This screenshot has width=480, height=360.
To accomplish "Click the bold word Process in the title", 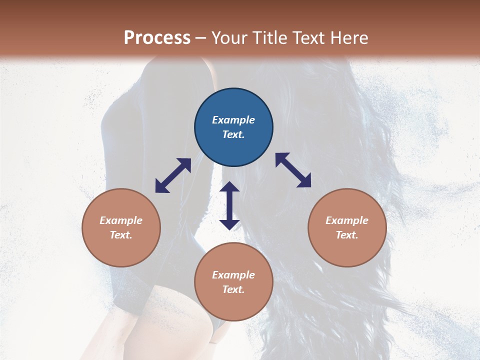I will pos(157,38).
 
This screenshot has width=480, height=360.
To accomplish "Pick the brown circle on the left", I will pos(121,227).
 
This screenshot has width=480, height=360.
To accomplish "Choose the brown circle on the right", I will pos(347,227).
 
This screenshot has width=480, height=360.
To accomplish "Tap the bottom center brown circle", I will pos(233,282).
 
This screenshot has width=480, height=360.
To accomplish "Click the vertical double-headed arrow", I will pos(229,205).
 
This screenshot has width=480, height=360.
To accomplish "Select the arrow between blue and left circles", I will pos(173,175).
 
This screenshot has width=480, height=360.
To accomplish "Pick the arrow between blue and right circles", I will pos(293,170).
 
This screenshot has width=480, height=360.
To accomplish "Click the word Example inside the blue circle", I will pos(233,120).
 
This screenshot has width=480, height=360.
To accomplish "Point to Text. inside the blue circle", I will pos(233,134).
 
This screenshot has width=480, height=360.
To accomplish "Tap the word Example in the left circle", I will pos(121,220).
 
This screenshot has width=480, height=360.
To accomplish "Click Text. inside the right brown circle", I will pos(347,235).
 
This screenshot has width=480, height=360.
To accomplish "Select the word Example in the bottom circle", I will pos(233,275).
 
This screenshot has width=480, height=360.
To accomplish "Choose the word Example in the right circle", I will pos(347,220).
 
